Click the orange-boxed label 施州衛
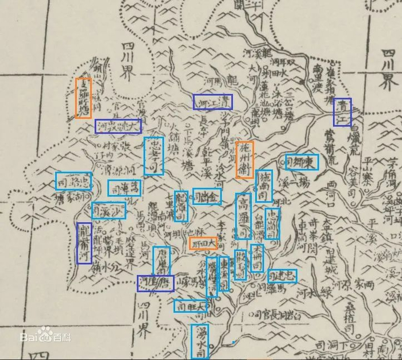coord(244,160)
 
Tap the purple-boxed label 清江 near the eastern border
coord(342,112)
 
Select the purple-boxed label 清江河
coord(212,102)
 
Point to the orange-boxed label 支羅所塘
coord(83,98)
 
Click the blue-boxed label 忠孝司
coord(153,156)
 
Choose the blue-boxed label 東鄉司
coord(301,161)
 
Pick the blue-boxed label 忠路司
coord(73,181)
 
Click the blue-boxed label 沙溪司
coord(108,211)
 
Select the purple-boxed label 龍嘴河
coord(84,243)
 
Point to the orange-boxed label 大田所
coord(203,243)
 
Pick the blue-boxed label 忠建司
coord(282,276)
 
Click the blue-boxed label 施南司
coord(264,184)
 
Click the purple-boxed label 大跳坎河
coord(118,126)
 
